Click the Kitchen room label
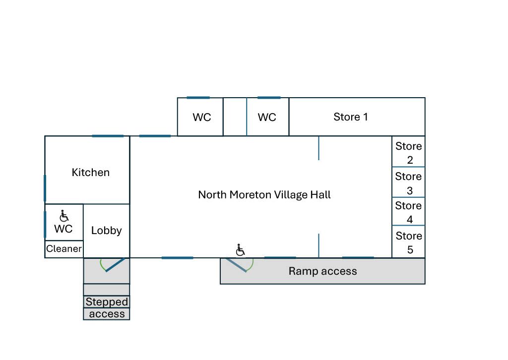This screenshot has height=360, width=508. pos(90,172)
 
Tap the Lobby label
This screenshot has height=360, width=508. pos(106,230)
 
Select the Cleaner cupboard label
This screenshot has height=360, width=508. pos(64,248)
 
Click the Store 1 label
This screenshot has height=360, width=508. pos(351,117)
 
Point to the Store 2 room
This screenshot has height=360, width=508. pos(409,151)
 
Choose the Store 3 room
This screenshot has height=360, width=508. pos(409,182)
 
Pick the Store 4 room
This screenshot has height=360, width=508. pos(409,211)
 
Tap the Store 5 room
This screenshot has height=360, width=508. pos(409,241)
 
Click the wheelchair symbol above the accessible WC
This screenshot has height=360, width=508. pos(64,216)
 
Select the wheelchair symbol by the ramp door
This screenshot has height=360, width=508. pos(240,249)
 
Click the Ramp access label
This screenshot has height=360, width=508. pos(322,271)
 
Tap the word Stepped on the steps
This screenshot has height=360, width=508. pos(107,301)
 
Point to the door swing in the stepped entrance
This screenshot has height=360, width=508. pos(112,265)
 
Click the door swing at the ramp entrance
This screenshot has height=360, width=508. pos(240,265)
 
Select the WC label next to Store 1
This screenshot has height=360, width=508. pos(267,117)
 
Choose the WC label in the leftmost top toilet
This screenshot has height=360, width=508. pos(202,117)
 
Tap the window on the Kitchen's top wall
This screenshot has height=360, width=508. pos(108,136)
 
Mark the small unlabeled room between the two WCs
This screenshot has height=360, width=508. pos(235,117)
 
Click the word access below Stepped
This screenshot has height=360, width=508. pos(107,314)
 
